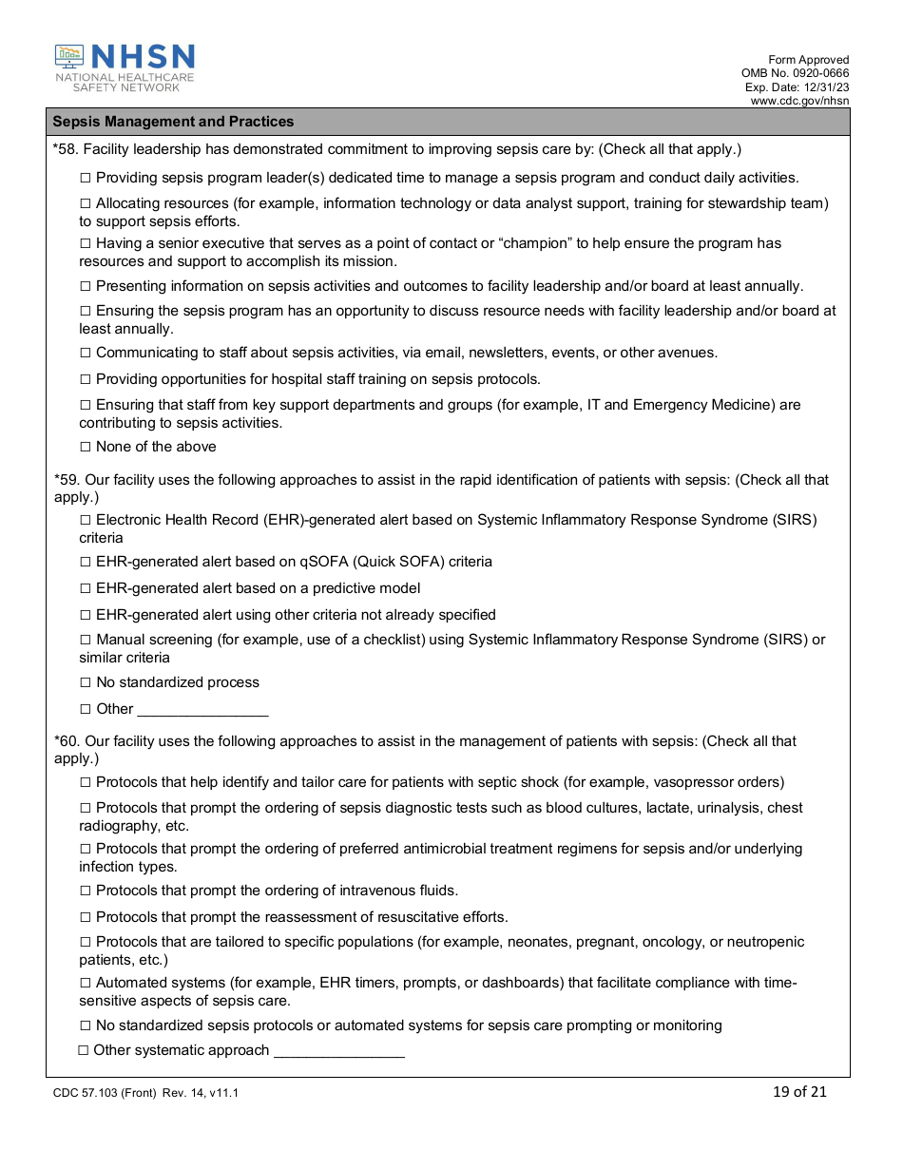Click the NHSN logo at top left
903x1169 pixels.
[125, 67]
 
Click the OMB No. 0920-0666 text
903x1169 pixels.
[795, 73]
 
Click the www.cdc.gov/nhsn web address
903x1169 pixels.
[799, 101]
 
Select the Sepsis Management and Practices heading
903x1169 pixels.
[173, 122]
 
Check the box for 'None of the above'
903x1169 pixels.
[86, 447]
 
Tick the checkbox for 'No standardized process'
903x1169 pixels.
[86, 682]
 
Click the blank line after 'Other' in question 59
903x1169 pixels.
[202, 710]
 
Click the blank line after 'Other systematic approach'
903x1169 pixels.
[338, 1051]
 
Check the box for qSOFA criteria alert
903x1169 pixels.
[86, 562]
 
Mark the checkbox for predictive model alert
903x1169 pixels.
[86, 588]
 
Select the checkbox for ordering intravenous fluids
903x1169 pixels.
[86, 891]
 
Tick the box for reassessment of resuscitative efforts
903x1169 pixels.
[86, 917]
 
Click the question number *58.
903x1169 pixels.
[67, 149]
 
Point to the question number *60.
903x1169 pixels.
[67, 741]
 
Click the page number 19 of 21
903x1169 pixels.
[799, 1092]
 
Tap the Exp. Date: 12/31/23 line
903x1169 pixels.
[797, 87]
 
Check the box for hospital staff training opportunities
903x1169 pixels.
[86, 379]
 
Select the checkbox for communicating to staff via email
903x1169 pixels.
[86, 353]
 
